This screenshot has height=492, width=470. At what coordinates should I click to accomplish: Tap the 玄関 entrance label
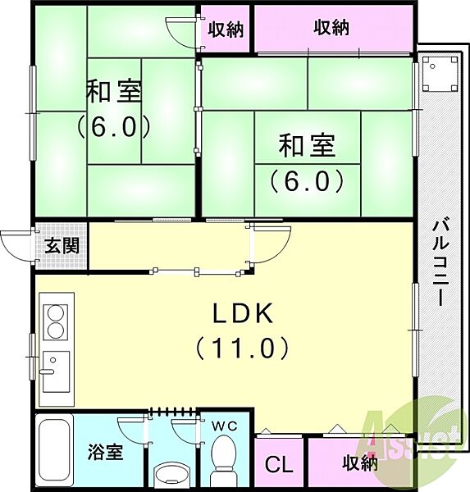pyautogui.click(x=62, y=245)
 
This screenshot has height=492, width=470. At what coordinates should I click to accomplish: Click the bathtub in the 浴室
pyautogui.click(x=54, y=451)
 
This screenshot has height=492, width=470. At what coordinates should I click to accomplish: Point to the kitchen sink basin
pyautogui.click(x=56, y=371)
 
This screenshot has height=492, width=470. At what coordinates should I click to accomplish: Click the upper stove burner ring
pyautogui.click(x=55, y=313)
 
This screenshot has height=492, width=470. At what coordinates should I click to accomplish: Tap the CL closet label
pyautogui.click(x=279, y=464)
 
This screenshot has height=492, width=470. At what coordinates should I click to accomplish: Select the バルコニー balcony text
pyautogui.click(x=440, y=263)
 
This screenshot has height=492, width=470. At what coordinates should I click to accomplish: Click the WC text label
pyautogui.click(x=224, y=426)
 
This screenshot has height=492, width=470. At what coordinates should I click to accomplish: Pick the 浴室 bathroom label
pyautogui.click(x=105, y=452)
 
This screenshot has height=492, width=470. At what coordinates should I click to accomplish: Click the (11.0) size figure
pyautogui.click(x=242, y=348)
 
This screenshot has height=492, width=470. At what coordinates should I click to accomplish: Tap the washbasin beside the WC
pyautogui.click(x=171, y=473)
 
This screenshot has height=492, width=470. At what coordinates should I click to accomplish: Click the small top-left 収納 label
pyautogui.click(x=226, y=30)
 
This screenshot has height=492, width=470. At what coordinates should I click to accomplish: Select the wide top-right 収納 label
pyautogui.click(x=331, y=28)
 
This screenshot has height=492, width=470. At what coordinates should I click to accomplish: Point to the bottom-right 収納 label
pyautogui.click(x=360, y=462)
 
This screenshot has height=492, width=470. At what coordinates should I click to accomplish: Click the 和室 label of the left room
pyautogui.click(x=114, y=91)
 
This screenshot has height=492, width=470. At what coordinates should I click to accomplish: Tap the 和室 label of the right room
pyautogui.click(x=307, y=145)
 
